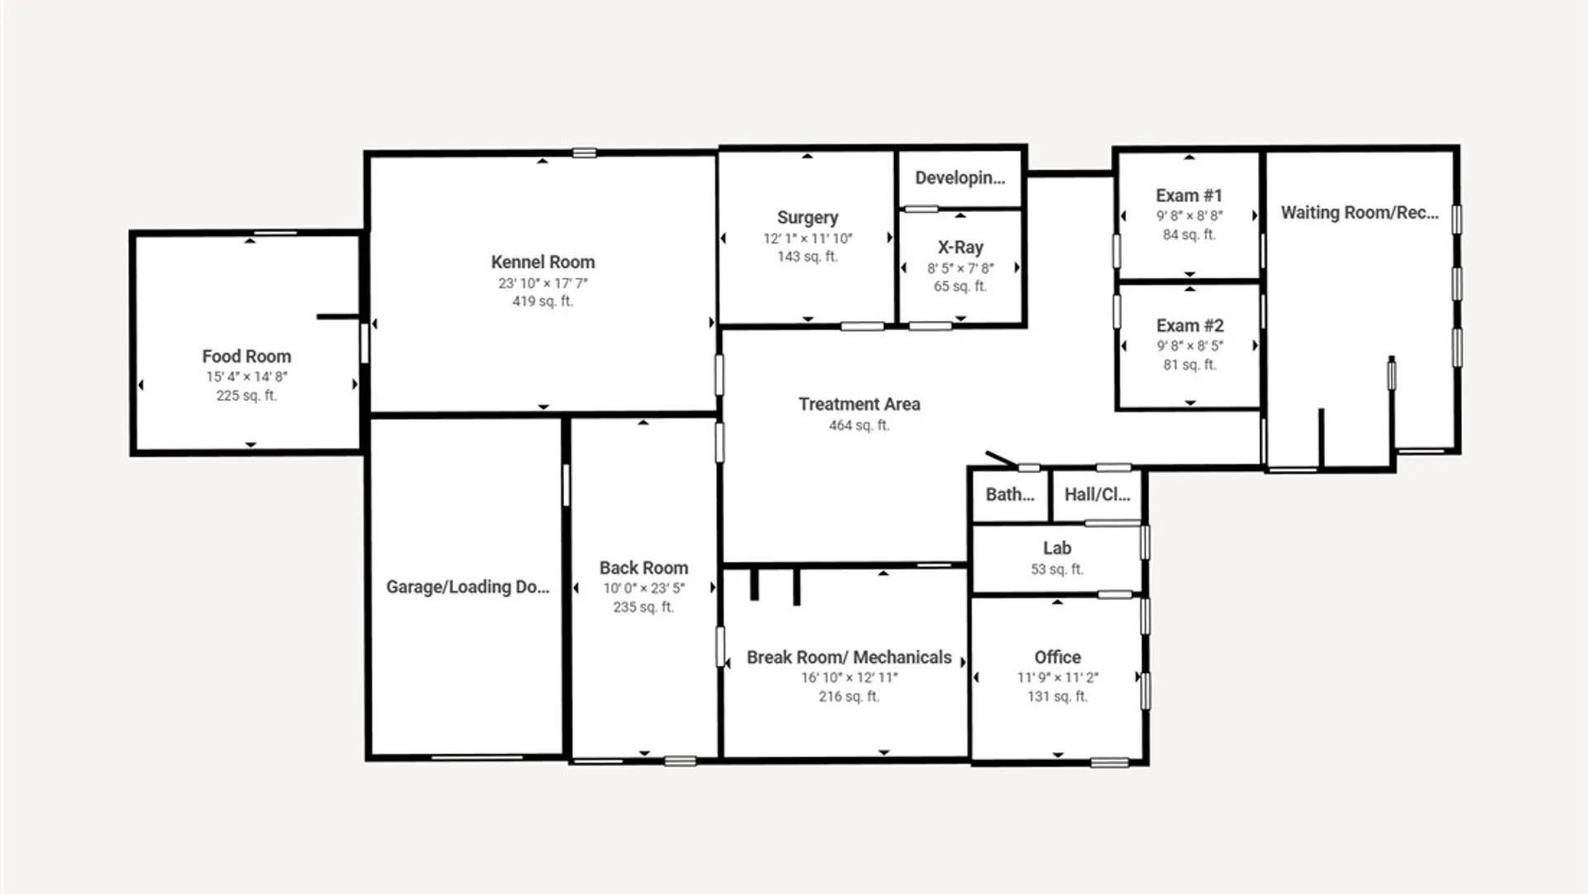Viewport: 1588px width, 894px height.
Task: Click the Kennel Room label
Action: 543,262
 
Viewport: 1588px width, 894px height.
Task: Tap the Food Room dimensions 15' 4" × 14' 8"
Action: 246,377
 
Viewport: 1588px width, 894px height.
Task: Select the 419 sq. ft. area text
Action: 543,301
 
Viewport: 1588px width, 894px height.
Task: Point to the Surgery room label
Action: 807,218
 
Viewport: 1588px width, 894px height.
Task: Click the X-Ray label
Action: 960,248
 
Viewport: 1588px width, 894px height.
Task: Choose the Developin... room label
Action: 959,178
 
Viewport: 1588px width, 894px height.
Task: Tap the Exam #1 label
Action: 1189,196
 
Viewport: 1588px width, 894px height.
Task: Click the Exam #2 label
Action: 1189,326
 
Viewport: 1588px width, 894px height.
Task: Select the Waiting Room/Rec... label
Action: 1359,213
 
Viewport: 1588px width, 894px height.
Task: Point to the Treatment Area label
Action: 859,405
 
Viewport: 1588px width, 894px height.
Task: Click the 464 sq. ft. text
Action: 859,425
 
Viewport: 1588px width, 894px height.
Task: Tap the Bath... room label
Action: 1009,495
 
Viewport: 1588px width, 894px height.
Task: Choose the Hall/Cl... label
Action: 1097,495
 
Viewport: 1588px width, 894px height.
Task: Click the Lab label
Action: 1057,549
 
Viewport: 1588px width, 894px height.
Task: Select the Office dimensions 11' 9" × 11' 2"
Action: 1057,678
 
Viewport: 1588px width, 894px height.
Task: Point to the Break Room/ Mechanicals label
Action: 849,657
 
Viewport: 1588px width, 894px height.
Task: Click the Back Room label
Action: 643,569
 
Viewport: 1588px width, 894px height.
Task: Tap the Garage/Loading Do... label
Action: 467,587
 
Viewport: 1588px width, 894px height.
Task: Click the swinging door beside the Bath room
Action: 1002,459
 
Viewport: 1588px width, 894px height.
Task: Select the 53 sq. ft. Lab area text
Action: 1057,570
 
